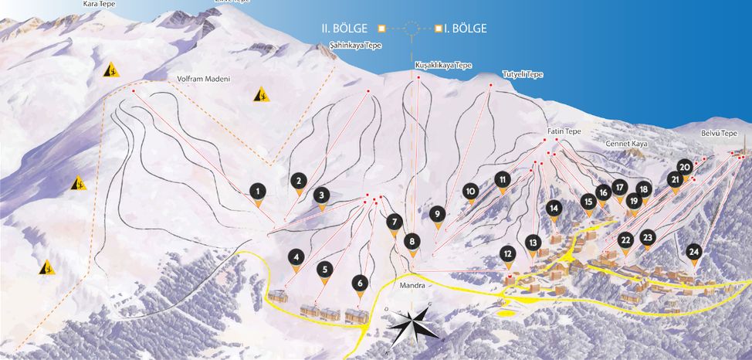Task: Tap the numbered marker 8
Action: pyautogui.click(x=413, y=242)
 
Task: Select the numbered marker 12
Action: pyautogui.click(x=506, y=253)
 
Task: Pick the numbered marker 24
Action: pyautogui.click(x=694, y=252)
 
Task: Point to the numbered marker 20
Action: pyautogui.click(x=685, y=167)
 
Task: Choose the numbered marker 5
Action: pyautogui.click(x=325, y=270)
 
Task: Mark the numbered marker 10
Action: pyautogui.click(x=470, y=192)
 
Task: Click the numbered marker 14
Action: pyautogui.click(x=554, y=208)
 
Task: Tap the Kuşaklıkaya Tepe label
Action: pyautogui.click(x=443, y=66)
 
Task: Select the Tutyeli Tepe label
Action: pyautogui.click(x=523, y=74)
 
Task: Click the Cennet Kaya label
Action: pyautogui.click(x=627, y=144)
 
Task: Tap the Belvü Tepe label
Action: pyautogui.click(x=720, y=134)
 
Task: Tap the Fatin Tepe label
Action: pyautogui.click(x=564, y=131)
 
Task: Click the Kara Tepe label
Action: pyautogui.click(x=98, y=4)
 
